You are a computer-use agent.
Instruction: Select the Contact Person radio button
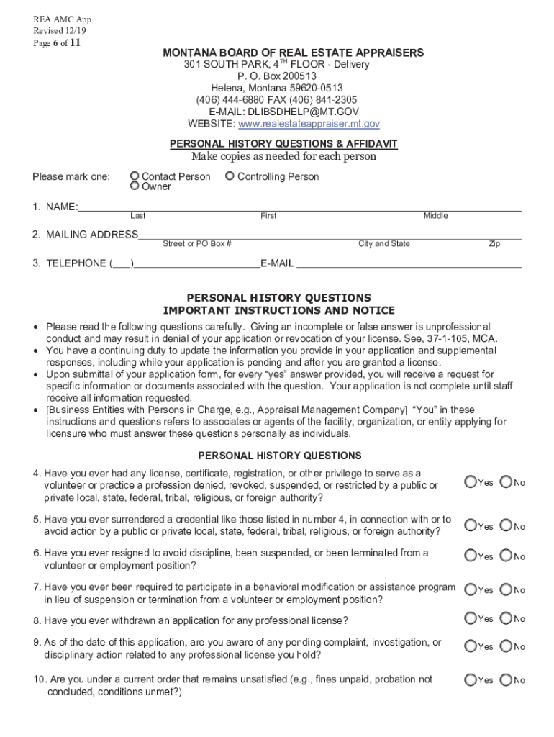tap(135, 176)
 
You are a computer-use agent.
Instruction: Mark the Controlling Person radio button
tap(230, 176)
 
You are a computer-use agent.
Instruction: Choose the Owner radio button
tap(135, 186)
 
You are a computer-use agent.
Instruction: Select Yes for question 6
tap(470, 556)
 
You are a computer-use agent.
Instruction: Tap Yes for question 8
tap(470, 618)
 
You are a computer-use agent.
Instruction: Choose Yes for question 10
tap(470, 679)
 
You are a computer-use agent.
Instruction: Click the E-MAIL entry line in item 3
tap(409, 264)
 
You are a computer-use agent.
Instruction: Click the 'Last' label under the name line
tap(137, 216)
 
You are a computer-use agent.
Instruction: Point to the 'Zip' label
tap(494, 244)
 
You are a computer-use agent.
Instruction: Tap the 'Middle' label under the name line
tap(435, 216)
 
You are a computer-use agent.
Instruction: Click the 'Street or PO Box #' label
tap(196, 244)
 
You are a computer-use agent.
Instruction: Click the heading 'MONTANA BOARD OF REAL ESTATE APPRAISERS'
tap(293, 53)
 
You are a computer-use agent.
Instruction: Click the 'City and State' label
tap(384, 244)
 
